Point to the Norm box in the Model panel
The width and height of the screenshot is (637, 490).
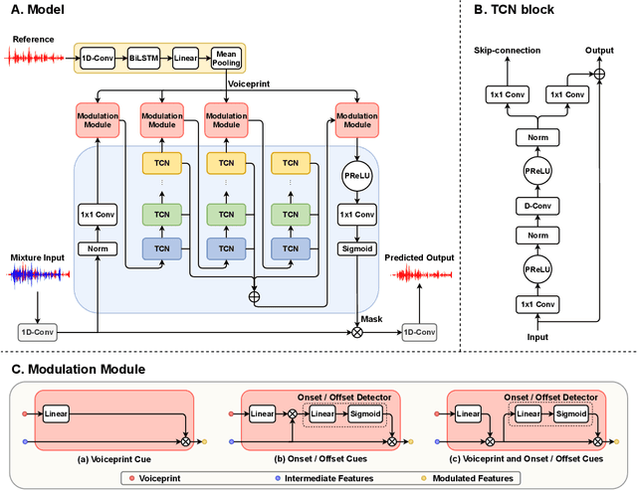point(97,248)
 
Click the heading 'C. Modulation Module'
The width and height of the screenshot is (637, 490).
point(80,369)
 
